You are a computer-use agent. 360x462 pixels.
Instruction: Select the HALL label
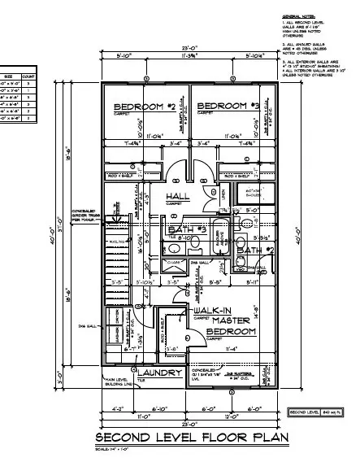[x=178, y=198]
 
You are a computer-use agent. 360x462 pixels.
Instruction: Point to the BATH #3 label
[x=186, y=231]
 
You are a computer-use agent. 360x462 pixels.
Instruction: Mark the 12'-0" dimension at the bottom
[x=232, y=416]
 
